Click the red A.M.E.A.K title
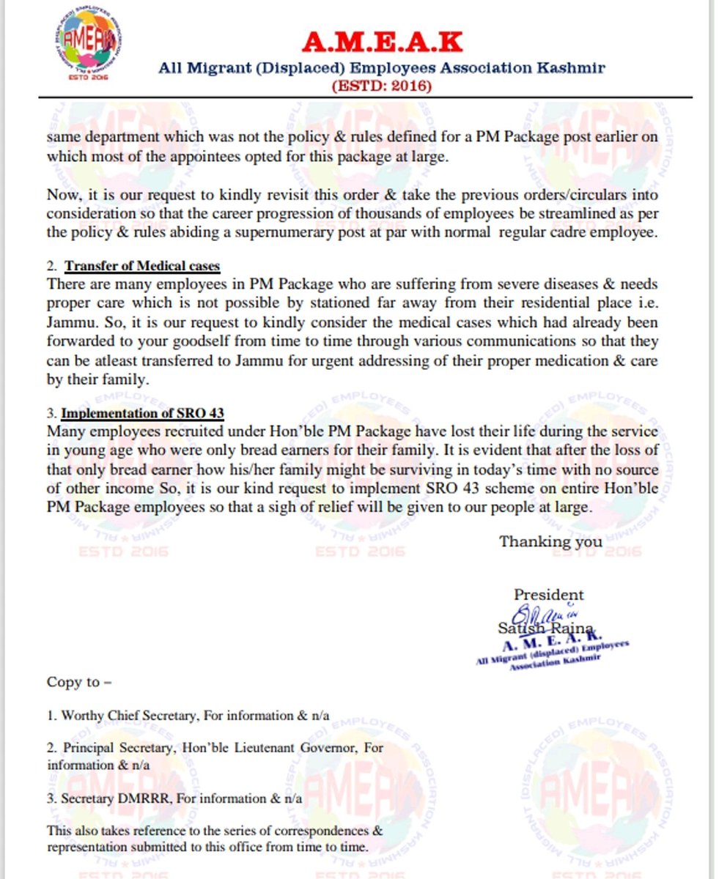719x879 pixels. [x=382, y=43]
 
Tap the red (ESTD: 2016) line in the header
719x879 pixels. [x=382, y=86]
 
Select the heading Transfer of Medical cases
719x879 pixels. [x=142, y=266]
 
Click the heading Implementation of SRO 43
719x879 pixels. [x=142, y=412]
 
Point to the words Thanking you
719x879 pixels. [x=550, y=542]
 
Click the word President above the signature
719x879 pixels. [x=548, y=595]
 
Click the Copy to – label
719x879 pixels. [x=79, y=682]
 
